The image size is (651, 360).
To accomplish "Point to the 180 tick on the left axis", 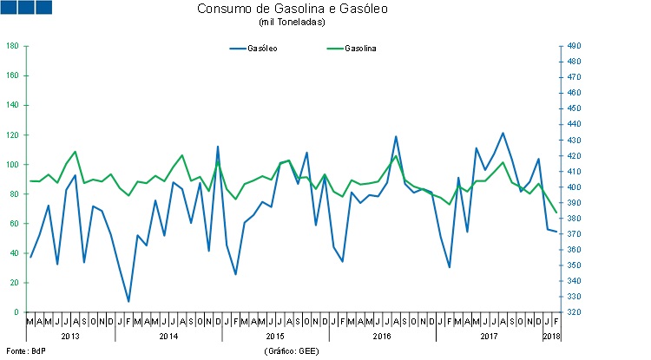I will pos(13,46).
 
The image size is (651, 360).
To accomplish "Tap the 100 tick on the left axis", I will pos(13,164).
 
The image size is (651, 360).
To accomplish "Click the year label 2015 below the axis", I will pos(275,336).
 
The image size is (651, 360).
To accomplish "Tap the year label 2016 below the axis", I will pos(381,336).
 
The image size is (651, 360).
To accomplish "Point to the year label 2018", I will pos(552,336).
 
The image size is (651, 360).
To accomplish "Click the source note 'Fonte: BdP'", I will pos(23,350).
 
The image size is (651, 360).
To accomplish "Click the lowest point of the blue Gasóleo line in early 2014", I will pos(128,302).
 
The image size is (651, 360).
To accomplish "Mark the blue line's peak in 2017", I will pos(503,133).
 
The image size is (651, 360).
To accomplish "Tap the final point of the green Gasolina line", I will pos(556,213).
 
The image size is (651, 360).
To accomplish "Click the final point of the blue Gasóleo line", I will pos(556,232).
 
